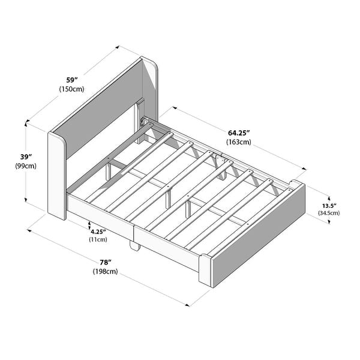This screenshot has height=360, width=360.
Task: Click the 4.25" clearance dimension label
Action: click(x=98, y=231)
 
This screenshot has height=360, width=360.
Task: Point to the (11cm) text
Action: click(x=98, y=239)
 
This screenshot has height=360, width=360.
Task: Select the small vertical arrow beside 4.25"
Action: click(x=89, y=227)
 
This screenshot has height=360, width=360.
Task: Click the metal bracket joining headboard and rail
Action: click(x=144, y=121)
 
